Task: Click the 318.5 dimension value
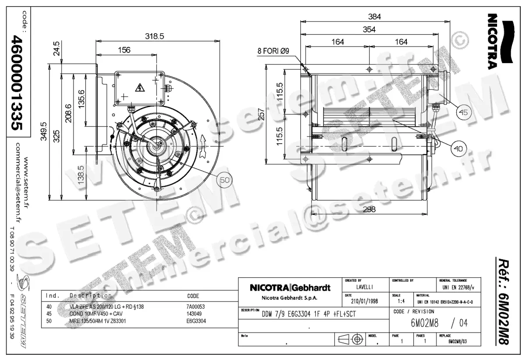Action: (155, 37)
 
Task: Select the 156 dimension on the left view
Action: (124, 50)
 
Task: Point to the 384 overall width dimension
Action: (374, 17)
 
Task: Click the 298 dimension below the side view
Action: (369, 210)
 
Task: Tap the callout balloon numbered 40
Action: (458, 149)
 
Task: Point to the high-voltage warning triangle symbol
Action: (140, 87)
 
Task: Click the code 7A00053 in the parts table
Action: (196, 307)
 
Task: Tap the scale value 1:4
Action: (401, 302)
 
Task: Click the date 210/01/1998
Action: (364, 302)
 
